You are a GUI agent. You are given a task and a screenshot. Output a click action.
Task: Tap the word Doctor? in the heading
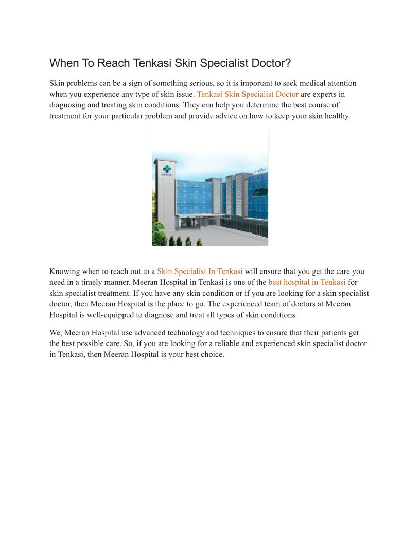[x=271, y=63]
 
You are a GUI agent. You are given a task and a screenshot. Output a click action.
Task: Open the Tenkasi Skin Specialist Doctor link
[x=248, y=94]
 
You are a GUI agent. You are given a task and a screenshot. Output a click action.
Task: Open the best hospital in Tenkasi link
[x=307, y=282]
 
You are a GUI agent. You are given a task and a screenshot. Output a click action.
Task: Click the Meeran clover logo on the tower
[x=167, y=169]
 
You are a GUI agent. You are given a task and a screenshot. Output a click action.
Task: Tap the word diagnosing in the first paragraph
[x=69, y=105]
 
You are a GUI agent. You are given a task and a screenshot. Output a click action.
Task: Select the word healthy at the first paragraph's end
[x=337, y=116]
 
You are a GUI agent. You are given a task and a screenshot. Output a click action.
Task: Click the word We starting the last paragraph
[x=56, y=333]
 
